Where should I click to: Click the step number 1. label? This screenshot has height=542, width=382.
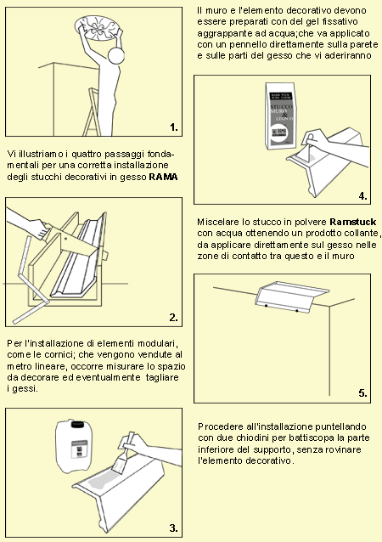click(x=174, y=127)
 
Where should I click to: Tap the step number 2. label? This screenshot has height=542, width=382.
click(x=174, y=318)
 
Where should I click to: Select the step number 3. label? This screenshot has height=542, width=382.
click(x=174, y=528)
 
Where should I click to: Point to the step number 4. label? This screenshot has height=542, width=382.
click(x=362, y=195)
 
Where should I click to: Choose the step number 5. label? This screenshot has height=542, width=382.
click(x=362, y=393)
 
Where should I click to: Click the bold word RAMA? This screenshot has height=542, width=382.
click(x=163, y=177)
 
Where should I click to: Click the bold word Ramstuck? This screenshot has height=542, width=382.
click(x=352, y=222)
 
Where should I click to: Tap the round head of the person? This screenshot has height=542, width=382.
click(x=115, y=55)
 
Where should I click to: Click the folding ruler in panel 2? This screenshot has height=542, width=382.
click(x=31, y=280)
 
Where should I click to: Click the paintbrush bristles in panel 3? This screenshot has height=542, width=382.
click(x=119, y=464)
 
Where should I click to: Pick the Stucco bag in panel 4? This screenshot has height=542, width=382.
click(x=279, y=115)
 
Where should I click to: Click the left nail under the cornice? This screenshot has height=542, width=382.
click(x=267, y=306)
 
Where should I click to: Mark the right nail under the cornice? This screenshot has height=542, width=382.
click(x=297, y=311)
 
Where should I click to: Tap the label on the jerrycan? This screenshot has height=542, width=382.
click(x=79, y=449)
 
